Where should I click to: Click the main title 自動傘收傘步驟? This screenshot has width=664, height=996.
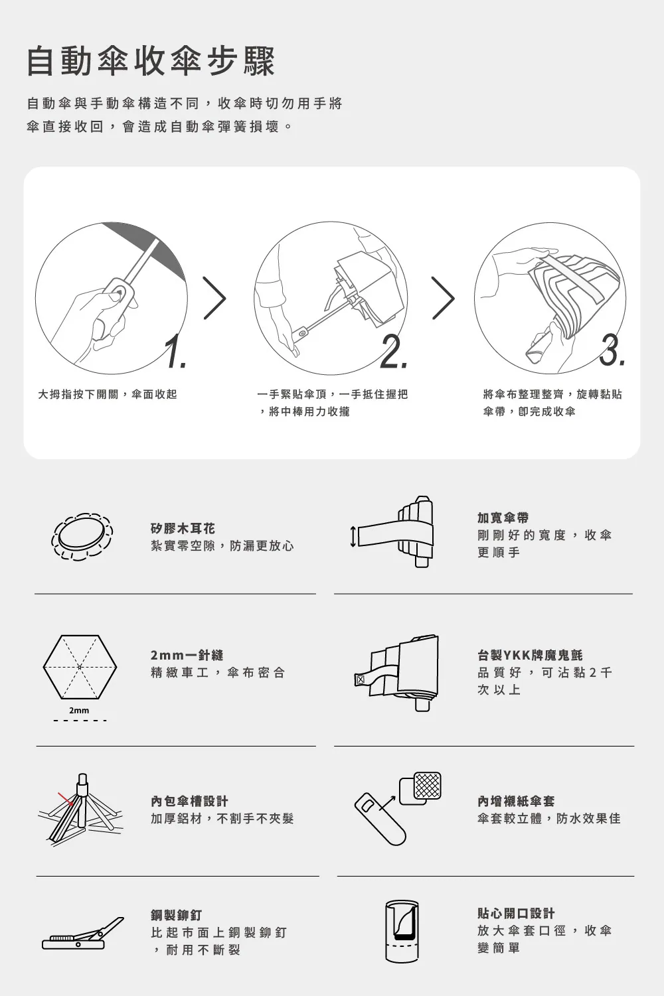[151, 61]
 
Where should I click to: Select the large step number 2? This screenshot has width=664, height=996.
[393, 351]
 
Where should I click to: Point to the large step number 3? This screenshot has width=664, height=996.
[612, 350]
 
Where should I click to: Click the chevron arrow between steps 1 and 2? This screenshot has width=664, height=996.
[214, 297]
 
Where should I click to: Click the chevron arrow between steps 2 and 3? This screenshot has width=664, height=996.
[444, 297]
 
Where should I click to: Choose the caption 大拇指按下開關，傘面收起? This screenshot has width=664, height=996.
[108, 394]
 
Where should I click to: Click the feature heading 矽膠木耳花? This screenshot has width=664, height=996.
[183, 528]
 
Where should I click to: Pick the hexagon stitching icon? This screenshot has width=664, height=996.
[80, 667]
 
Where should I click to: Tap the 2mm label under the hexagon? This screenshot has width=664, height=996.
[79, 710]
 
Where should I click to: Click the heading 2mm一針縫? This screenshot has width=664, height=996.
[187, 655]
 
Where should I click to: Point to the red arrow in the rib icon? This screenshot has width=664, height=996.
[66, 798]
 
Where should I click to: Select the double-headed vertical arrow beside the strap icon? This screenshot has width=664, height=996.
[353, 536]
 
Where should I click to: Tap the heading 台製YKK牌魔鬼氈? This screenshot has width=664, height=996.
[530, 655]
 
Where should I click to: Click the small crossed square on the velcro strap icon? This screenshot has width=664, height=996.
[361, 679]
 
